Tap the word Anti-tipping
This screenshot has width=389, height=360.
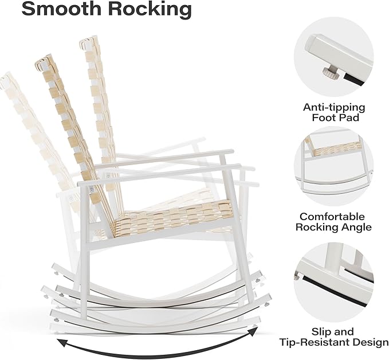tap(334, 107)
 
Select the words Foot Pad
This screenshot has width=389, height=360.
tap(335, 118)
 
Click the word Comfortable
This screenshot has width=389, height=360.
tap(332, 217)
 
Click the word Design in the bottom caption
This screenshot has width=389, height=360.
tap(370, 343)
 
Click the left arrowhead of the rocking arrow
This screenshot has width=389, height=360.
tap(62, 343)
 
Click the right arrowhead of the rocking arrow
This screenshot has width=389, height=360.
tap(253, 331)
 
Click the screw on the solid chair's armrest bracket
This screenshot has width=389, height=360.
tap(92, 190)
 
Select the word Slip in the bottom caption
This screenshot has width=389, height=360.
tap(320, 332)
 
